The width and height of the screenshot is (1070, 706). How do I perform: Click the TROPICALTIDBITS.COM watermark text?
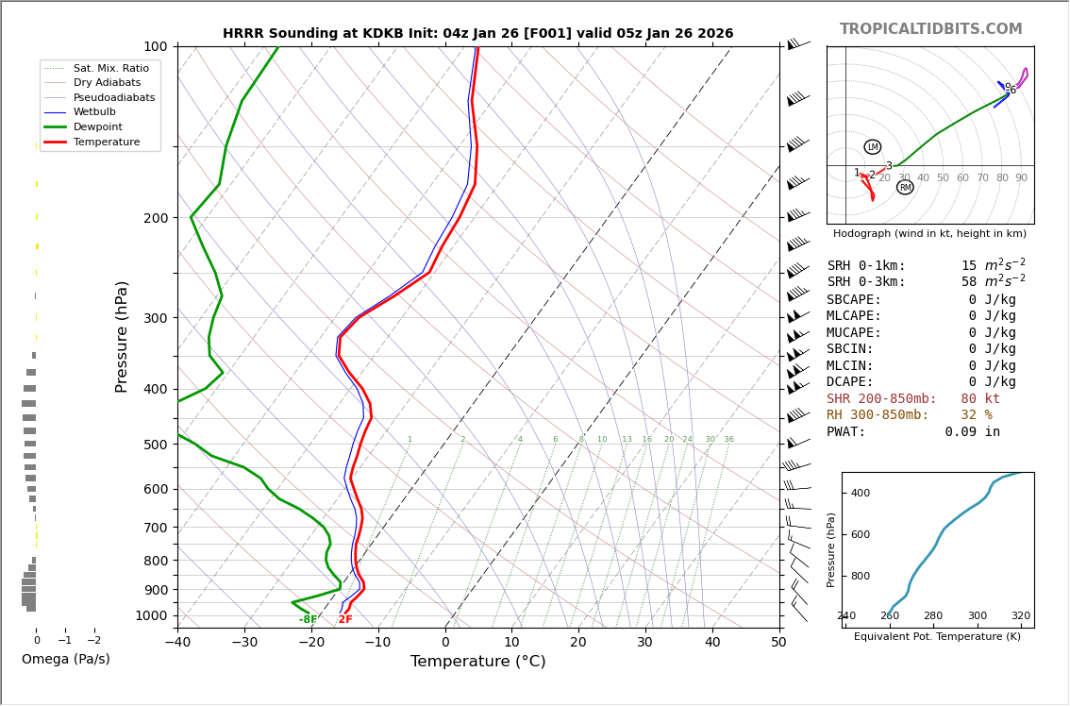pos(930,29)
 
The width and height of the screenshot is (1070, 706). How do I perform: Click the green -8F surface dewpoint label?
pos(309,620)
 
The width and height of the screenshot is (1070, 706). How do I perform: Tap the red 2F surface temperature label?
pos(345,620)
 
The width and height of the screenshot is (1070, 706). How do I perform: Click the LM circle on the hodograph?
pos(873,147)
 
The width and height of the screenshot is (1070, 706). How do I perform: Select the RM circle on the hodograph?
pos(905,187)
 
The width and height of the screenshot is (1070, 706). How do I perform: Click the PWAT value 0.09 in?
pos(973,432)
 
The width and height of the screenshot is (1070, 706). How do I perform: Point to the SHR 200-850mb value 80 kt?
pos(980,399)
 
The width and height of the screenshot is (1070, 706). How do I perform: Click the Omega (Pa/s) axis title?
pos(66,659)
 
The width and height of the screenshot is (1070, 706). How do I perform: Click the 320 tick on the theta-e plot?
pos(1021,616)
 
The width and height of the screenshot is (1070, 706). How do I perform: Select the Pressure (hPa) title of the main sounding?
pos(122,336)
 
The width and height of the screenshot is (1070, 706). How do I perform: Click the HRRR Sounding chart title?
pos(477,33)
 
